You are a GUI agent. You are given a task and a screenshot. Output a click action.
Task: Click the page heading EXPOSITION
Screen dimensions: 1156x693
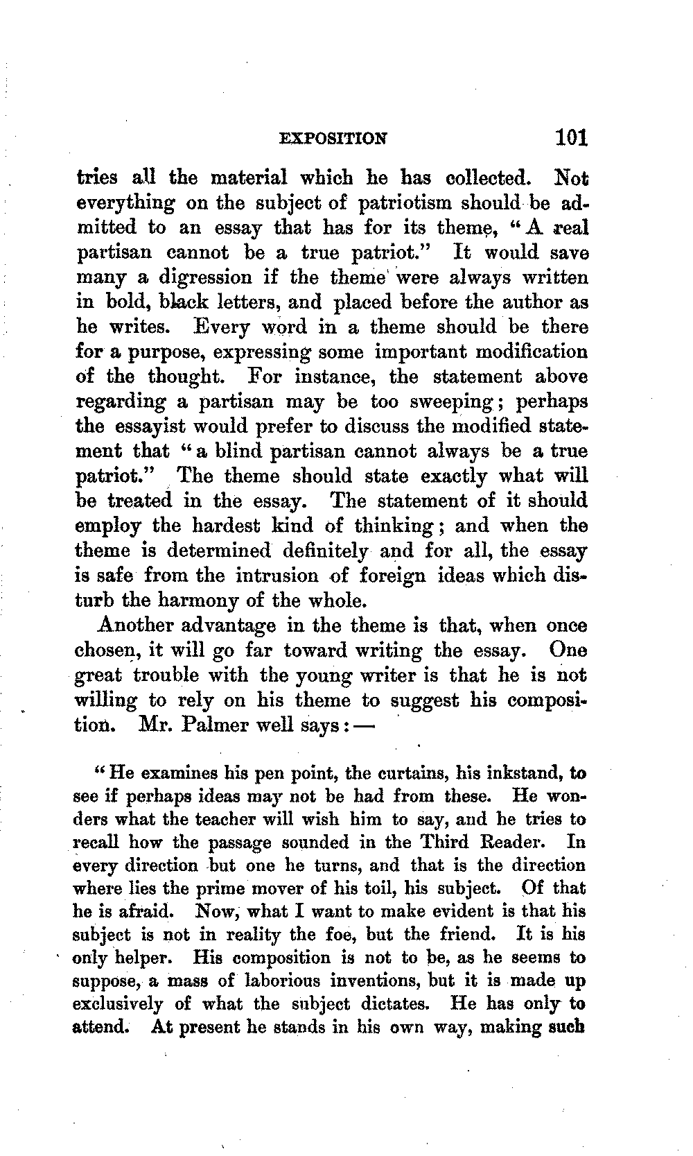pyautogui.click(x=333, y=138)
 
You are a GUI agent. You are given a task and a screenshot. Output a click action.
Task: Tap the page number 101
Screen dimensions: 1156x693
pyautogui.click(x=571, y=136)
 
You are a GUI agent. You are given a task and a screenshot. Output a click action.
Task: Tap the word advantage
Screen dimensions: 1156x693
pyautogui.click(x=228, y=626)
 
